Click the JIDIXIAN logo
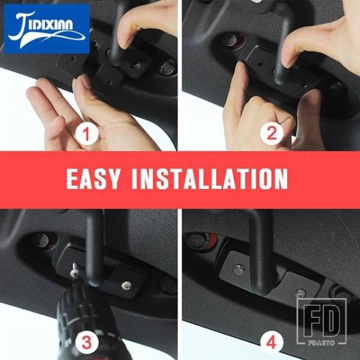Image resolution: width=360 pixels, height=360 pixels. coord(47,29)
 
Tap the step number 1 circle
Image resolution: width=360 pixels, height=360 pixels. coord(86,134)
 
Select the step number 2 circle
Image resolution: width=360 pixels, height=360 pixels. coord(272,134)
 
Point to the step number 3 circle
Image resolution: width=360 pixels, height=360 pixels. coord(86,343)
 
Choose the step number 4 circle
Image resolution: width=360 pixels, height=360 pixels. coord(271,343)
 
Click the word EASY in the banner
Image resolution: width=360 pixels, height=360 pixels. coord(93,179)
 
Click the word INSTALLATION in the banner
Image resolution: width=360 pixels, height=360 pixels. coord(210,179)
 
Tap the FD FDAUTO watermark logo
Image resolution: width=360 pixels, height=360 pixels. coord(322,322)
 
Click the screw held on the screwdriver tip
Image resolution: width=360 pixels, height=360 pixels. coord(76,271)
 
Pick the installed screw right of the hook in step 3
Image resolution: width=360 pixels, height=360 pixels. coord(127,286)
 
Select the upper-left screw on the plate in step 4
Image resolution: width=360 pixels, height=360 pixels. coord(239,269)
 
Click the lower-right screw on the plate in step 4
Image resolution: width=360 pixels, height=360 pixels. coord(301,293)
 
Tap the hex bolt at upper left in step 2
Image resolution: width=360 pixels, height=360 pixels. coord(230,40)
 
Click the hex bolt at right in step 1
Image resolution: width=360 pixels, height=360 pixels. coord(167,67)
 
